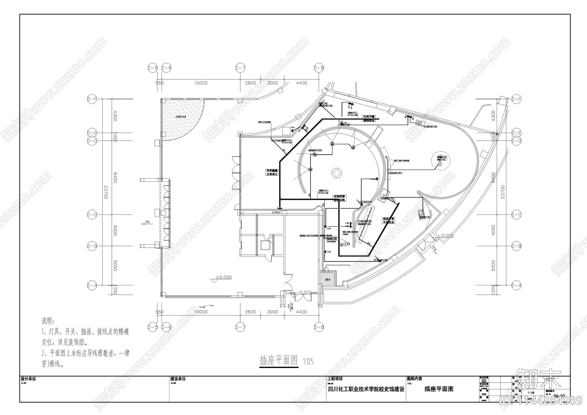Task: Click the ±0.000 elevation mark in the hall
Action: [223, 278]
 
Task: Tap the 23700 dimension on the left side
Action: [105, 192]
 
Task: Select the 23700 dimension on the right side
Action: [503, 192]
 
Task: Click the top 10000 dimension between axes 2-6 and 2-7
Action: [201, 83]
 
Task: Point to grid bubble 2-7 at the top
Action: [240, 68]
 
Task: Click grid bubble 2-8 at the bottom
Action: [319, 326]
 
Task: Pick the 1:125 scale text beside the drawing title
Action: [308, 362]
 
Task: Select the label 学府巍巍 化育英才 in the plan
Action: [273, 172]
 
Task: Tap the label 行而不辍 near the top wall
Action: [369, 117]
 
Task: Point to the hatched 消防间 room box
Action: [328, 278]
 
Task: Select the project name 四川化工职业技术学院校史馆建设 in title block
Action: [366, 389]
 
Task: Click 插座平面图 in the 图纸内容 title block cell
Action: [439, 389]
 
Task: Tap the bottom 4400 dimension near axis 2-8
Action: [302, 312]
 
